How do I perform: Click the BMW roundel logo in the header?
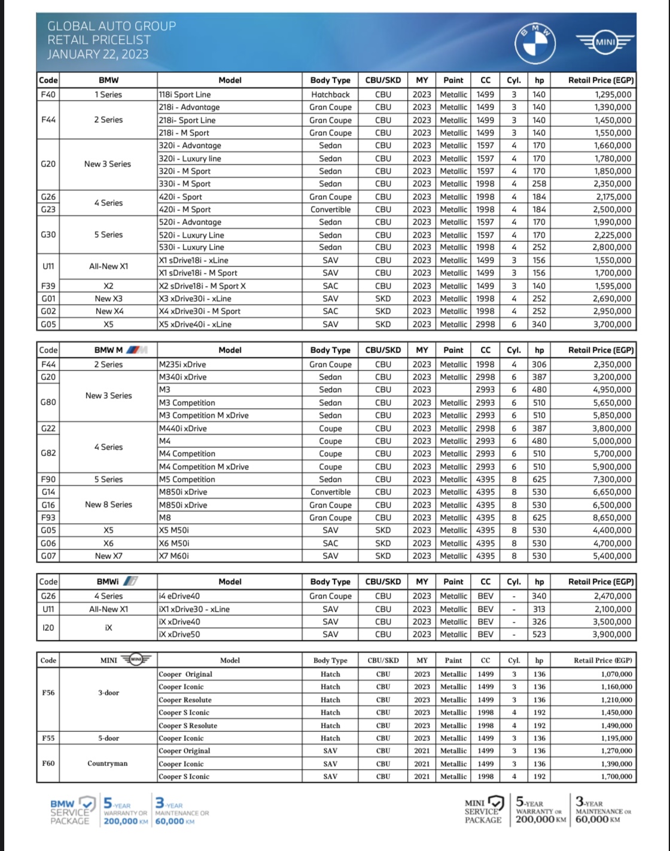(x=536, y=44)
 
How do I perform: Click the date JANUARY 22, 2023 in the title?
(x=98, y=54)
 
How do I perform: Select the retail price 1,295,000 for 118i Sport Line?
(x=613, y=95)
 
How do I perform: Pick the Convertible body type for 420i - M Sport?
(x=330, y=209)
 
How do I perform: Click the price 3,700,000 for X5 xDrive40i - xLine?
(x=613, y=324)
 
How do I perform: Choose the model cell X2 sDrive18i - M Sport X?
(x=202, y=286)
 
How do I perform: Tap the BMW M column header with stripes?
(x=120, y=350)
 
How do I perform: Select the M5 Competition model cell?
(x=187, y=479)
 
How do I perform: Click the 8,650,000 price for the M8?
(x=612, y=518)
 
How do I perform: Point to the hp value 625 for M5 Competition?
(x=539, y=479)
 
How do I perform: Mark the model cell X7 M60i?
(x=174, y=556)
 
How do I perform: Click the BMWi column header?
(x=117, y=582)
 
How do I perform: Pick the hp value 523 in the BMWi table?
(x=539, y=634)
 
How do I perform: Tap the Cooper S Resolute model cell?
(x=188, y=725)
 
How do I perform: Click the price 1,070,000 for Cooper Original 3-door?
(x=616, y=674)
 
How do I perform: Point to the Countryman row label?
(x=108, y=764)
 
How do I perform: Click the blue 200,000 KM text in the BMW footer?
(x=126, y=822)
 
